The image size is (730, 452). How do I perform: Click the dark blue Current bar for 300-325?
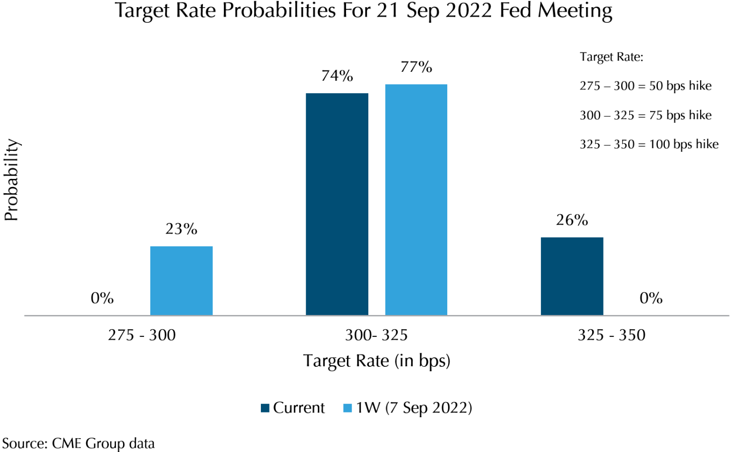[337, 204]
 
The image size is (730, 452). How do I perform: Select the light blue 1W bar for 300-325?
[416, 200]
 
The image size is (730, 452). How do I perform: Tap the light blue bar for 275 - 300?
[181, 281]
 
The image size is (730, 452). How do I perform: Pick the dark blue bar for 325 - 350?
[572, 276]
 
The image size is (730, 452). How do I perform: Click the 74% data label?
[337, 76]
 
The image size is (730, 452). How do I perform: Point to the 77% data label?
[416, 67]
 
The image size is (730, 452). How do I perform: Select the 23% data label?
[181, 229]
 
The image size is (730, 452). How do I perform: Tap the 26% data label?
[572, 220]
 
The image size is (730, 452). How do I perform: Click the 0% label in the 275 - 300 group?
[102, 298]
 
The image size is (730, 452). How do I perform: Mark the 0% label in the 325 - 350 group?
[651, 298]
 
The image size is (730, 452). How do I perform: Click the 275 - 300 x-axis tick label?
[142, 335]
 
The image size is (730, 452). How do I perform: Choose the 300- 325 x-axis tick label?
[376, 335]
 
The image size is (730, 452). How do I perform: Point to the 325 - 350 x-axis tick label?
[611, 335]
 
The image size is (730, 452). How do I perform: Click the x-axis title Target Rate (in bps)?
[376, 361]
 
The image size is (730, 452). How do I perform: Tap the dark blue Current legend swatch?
[265, 408]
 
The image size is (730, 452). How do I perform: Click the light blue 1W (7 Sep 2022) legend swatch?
[347, 408]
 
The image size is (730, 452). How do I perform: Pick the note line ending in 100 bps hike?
[649, 144]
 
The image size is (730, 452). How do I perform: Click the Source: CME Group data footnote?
[78, 443]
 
